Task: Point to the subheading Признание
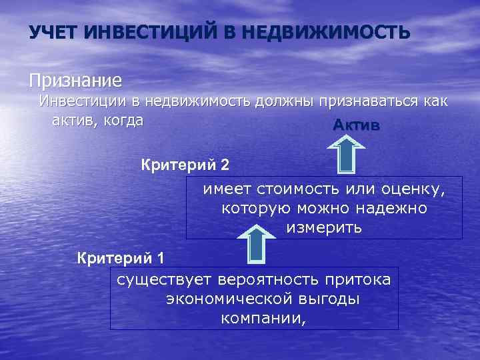[x=75, y=81]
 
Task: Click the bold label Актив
[x=357, y=126]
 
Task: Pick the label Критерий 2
[x=186, y=164]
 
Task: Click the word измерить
[x=324, y=228]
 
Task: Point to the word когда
[x=120, y=120]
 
